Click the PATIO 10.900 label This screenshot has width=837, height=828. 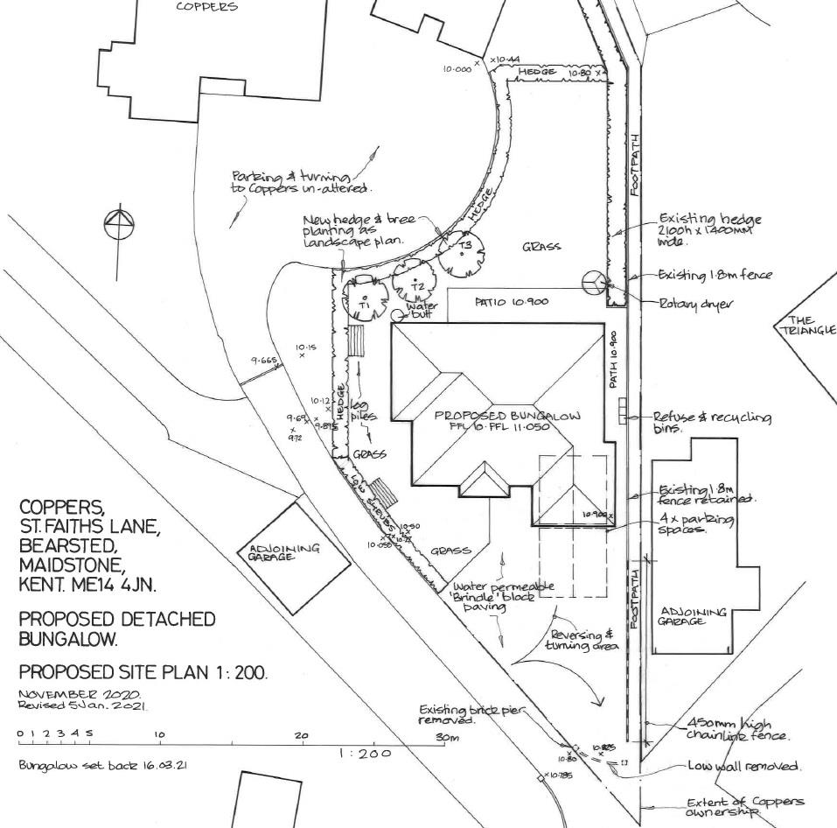pyautogui.click(x=512, y=301)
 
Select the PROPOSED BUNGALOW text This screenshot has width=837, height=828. pyautogui.click(x=508, y=415)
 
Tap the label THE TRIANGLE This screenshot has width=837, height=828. pyautogui.click(x=806, y=325)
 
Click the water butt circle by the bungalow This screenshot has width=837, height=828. pyautogui.click(x=399, y=315)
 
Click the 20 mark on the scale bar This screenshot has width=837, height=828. pyautogui.click(x=302, y=736)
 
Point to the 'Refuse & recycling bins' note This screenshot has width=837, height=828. pyautogui.click(x=712, y=424)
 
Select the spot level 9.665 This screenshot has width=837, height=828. pyautogui.click(x=262, y=361)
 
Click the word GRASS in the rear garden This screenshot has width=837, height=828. pyautogui.click(x=541, y=247)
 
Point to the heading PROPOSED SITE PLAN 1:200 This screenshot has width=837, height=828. pyautogui.click(x=143, y=673)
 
